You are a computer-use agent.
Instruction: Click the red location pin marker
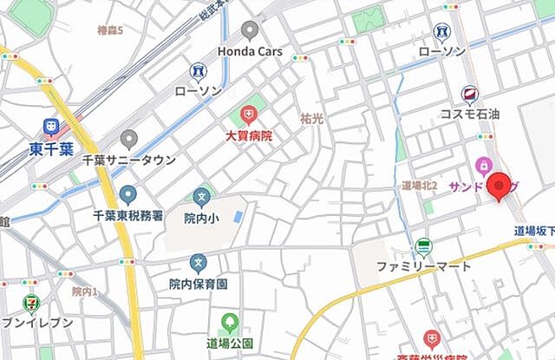tap(499, 186)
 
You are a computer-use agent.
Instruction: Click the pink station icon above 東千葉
tap(53, 128)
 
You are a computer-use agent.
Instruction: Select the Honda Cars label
tap(249, 52)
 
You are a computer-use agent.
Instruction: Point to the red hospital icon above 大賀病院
tap(249, 115)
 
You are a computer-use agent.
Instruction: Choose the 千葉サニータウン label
tap(129, 160)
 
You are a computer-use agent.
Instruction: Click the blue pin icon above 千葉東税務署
tap(128, 194)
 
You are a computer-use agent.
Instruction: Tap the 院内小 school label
tap(202, 219)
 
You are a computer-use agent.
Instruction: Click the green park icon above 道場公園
tap(230, 323)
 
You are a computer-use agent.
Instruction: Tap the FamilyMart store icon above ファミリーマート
tap(422, 246)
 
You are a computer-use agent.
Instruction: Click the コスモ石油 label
tap(469, 115)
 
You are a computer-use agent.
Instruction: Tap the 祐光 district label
tap(311, 118)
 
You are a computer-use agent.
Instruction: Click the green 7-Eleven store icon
tap(31, 303)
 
